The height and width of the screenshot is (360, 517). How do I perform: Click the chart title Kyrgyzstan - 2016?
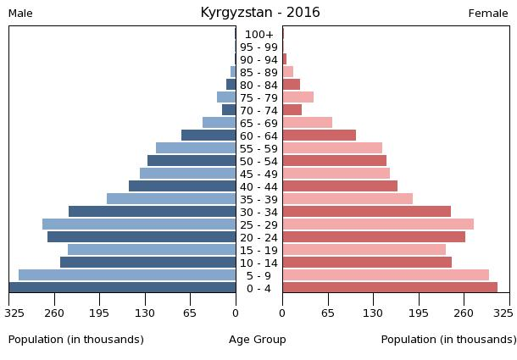point(260,13)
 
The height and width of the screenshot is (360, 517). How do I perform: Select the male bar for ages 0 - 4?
point(123,288)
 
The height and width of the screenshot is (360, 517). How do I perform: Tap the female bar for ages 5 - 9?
point(386,275)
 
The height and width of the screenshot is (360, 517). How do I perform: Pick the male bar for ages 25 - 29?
point(139,224)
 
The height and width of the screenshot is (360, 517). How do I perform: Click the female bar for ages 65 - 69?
point(308,123)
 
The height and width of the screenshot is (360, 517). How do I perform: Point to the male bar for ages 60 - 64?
point(208,136)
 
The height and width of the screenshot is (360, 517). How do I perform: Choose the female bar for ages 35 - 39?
point(347,199)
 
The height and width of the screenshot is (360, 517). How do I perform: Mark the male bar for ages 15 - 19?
point(152,250)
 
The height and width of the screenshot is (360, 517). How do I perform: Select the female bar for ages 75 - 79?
point(298,97)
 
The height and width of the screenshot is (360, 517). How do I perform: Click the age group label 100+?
point(258,35)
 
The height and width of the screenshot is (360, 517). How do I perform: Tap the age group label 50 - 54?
point(258,162)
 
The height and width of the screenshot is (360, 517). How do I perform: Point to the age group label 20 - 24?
point(258,238)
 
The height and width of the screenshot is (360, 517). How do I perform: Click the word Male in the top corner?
point(21,14)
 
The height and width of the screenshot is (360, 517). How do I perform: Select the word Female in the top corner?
point(488,14)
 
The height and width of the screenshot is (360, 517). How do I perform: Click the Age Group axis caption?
point(258,340)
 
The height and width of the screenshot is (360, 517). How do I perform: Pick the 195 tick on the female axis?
point(419,313)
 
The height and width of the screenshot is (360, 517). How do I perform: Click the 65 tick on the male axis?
point(191,313)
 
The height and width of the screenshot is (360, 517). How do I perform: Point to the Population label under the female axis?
point(448,340)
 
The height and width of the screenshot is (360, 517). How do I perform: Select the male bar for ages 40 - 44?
point(182,186)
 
